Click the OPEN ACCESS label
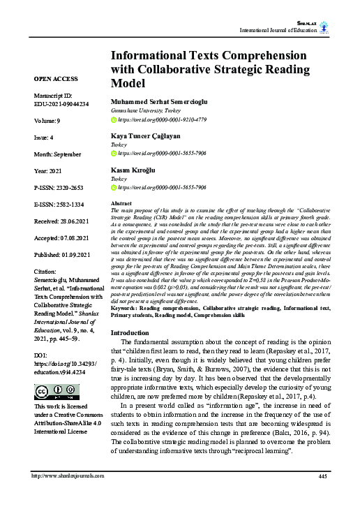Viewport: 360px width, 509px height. tap(57, 79)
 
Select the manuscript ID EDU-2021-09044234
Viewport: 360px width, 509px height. tap(61, 103)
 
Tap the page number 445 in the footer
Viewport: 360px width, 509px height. tap(322, 496)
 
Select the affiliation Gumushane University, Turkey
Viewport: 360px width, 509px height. tap(146, 110)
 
